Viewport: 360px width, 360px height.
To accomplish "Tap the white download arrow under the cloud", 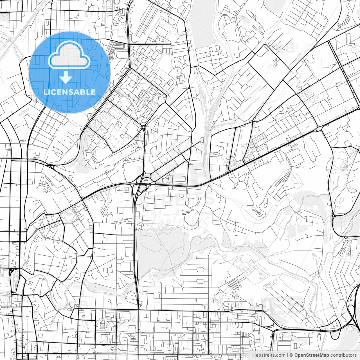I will (x=66, y=77).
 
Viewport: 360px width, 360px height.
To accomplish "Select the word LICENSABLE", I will (x=69, y=92).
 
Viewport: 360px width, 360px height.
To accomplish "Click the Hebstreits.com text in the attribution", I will (x=269, y=355).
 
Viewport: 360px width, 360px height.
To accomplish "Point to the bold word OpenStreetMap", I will (x=311, y=355).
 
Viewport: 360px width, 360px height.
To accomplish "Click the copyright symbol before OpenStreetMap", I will (x=291, y=355).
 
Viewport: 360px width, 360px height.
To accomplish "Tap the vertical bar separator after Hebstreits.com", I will (x=287, y=355).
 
